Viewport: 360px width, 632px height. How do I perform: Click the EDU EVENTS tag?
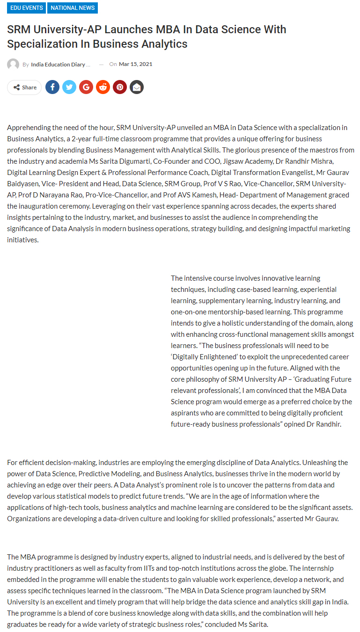(26, 8)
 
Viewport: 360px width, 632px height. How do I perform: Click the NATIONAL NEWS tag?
(73, 8)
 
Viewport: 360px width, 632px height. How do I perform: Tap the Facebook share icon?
(52, 87)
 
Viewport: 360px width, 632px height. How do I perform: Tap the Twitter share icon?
(69, 87)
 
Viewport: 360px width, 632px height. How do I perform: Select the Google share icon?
(86, 87)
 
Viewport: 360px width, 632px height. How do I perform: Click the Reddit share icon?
(103, 87)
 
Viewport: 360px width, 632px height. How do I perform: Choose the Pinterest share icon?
(120, 87)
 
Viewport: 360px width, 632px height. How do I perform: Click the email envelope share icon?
(137, 87)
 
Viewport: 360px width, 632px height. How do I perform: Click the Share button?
(24, 87)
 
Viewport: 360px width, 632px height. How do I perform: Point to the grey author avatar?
(13, 65)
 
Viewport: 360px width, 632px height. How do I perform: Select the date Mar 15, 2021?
(135, 64)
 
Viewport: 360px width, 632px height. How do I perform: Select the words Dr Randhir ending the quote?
(325, 424)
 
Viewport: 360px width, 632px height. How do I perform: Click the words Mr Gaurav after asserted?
(322, 519)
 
